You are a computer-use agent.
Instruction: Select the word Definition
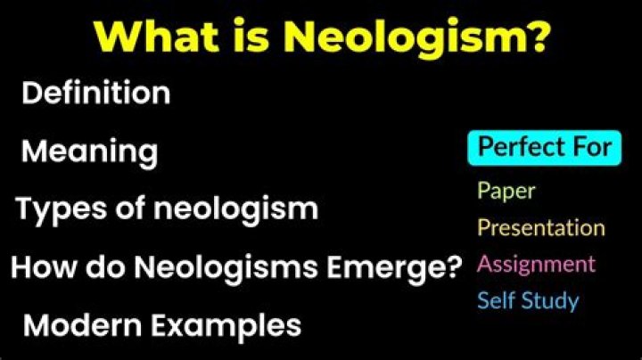(95, 93)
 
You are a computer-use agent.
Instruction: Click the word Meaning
(89, 151)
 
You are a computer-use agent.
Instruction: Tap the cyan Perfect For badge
(544, 147)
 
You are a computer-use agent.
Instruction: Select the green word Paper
(506, 190)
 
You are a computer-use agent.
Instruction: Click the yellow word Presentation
(540, 227)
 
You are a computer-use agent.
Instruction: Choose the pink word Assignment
(536, 264)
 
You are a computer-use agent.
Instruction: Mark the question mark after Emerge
(452, 266)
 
